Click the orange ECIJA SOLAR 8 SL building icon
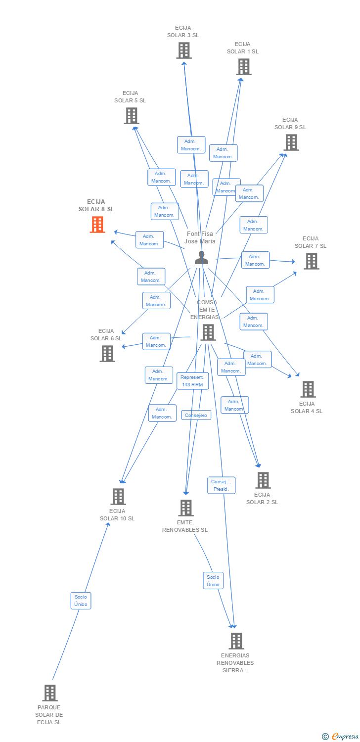[x=97, y=225]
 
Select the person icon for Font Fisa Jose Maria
[x=201, y=257]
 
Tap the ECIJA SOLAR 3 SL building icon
[x=184, y=50]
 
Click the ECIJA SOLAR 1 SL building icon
[x=243, y=67]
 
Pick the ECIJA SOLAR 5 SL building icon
[x=131, y=116]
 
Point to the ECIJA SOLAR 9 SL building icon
[x=291, y=142]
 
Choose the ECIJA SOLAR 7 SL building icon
[x=311, y=261]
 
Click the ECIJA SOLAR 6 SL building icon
[x=107, y=354]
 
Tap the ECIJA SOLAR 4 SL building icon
[x=308, y=389]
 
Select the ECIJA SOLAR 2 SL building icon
[x=263, y=480]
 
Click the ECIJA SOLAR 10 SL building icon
[x=118, y=497]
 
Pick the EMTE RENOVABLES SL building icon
[x=185, y=508]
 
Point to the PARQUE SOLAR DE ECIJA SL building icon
[x=49, y=693]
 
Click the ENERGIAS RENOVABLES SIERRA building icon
[x=236, y=641]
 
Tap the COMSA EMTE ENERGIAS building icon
[x=208, y=332]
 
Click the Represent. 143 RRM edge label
[x=193, y=381]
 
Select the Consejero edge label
[x=196, y=416]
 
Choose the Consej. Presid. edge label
[x=221, y=485]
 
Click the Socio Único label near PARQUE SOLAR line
[x=81, y=601]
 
